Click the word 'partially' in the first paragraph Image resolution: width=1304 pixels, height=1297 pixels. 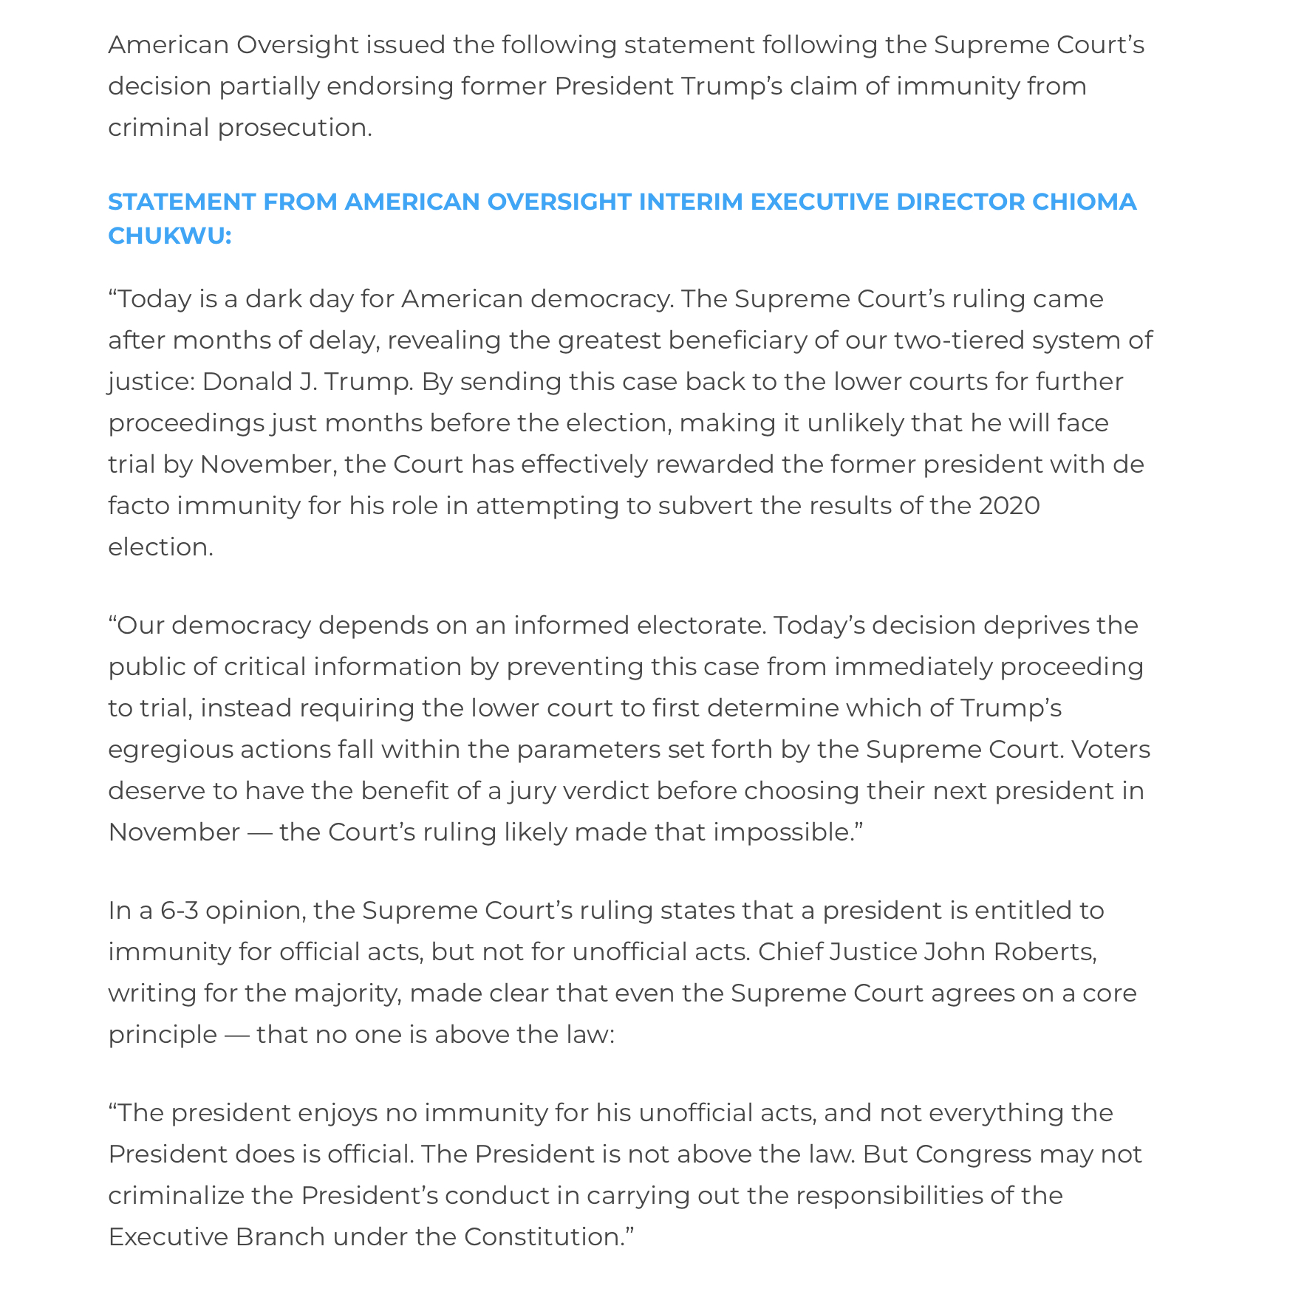coord(269,86)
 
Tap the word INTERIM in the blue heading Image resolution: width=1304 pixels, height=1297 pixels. coord(690,202)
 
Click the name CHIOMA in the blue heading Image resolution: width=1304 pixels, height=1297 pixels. coord(1084,202)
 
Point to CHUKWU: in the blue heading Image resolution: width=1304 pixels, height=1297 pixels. coord(169,236)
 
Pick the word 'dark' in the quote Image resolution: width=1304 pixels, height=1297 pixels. coord(273,299)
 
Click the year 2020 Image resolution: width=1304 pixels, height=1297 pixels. coord(1009,506)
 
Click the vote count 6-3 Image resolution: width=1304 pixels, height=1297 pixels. coord(179,911)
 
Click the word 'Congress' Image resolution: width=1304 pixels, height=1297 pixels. coord(973,1154)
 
